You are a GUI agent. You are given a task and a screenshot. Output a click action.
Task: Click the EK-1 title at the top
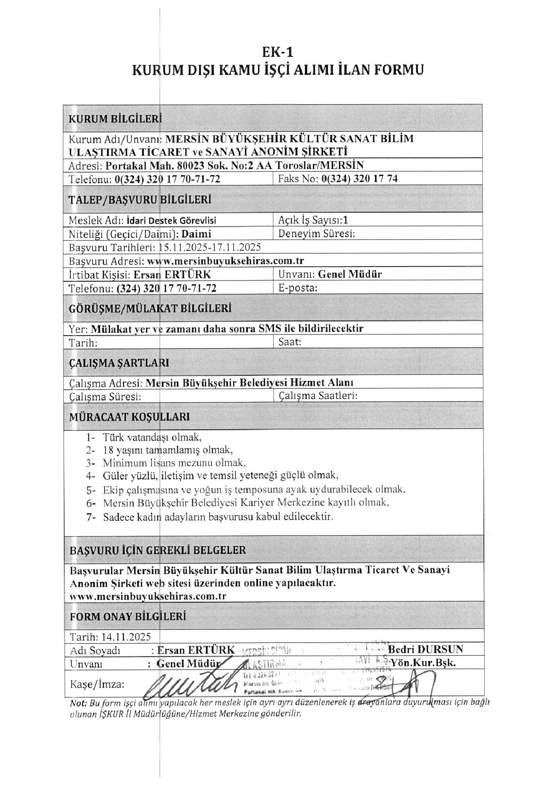[278, 52]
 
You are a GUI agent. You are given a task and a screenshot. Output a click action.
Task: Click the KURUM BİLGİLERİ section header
[115, 119]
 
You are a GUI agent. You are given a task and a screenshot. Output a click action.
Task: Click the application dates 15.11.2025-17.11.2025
[210, 247]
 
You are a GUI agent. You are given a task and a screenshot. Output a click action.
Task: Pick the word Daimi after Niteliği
[196, 234]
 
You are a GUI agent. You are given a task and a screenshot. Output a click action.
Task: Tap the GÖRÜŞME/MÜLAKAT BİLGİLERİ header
[150, 308]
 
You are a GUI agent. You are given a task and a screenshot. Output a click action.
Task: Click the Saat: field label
[290, 342]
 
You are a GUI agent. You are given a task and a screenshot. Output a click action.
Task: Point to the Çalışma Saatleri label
[318, 396]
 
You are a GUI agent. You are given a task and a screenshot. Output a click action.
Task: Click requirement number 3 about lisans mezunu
[174, 463]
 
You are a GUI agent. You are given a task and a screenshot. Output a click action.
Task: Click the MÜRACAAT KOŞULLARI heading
[129, 417]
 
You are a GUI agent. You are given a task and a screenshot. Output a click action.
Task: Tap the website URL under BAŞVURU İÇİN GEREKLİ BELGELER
[148, 596]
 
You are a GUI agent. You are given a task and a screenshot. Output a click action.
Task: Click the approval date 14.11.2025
[126, 637]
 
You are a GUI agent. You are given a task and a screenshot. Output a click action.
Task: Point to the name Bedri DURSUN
[425, 649]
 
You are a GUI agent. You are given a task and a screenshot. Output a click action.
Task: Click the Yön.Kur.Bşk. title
[423, 663]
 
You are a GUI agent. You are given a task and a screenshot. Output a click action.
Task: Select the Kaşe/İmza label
[97, 684]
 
